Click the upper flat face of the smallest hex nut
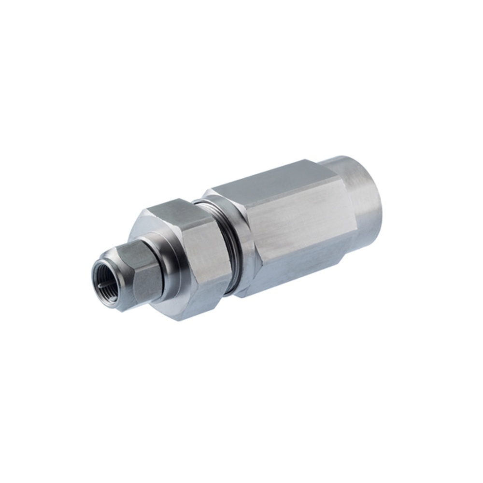(129, 248)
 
